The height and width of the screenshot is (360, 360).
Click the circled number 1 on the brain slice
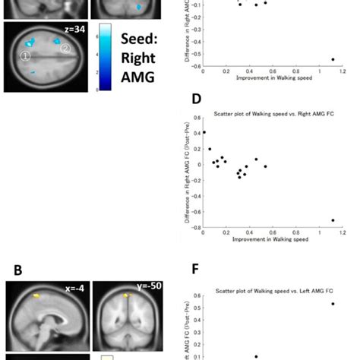point(25,57)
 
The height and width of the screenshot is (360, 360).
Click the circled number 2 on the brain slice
point(66,49)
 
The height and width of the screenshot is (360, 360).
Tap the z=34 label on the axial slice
point(73,28)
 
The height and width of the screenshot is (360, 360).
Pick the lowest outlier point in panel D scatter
point(332,220)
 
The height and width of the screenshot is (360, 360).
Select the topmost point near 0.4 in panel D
point(203,132)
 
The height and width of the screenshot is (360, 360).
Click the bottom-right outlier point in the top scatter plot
point(332,59)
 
